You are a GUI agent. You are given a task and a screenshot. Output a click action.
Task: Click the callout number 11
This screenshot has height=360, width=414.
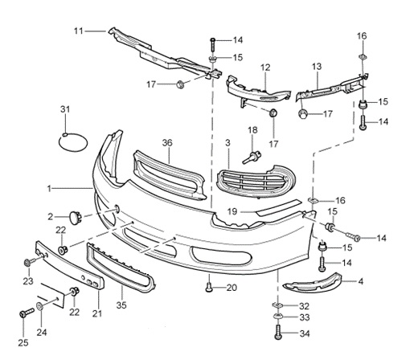79,31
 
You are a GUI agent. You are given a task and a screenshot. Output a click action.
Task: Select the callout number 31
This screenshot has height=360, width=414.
65,109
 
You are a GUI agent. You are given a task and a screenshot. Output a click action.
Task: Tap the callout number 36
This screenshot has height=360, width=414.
167,143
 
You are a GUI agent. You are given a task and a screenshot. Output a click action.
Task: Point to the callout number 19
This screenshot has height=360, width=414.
232,211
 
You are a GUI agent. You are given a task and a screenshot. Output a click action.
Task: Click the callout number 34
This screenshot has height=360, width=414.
305,333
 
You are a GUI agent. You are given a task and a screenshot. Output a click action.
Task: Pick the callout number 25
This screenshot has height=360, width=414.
23,343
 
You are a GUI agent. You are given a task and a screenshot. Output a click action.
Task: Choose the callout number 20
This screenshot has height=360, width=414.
232,288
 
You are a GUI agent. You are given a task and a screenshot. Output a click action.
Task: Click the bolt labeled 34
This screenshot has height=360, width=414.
278,332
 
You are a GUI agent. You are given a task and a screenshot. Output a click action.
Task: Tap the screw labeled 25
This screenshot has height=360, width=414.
27,313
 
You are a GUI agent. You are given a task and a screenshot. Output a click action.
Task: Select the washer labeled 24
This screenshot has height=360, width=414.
40,306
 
